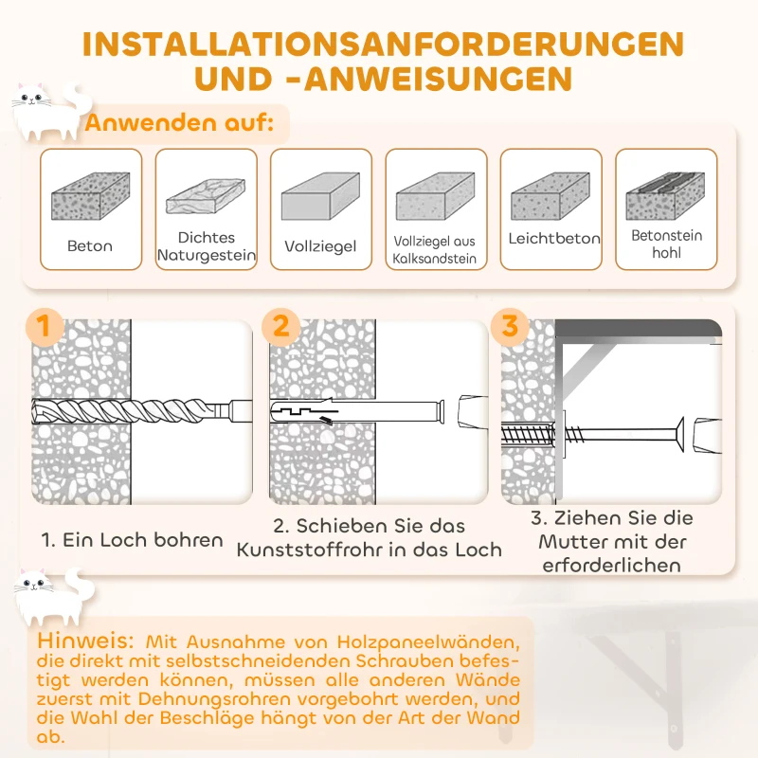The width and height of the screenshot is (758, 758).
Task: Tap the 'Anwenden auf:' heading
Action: click(x=180, y=122)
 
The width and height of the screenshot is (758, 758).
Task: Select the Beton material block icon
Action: click(x=90, y=196)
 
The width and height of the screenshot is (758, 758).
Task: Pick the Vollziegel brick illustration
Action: click(x=320, y=198)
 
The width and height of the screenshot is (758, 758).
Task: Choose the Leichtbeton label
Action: click(x=553, y=239)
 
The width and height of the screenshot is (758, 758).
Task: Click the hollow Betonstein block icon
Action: click(x=665, y=194)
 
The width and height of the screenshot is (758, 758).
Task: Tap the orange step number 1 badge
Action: click(x=43, y=327)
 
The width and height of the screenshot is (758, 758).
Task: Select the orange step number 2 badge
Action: click(x=280, y=327)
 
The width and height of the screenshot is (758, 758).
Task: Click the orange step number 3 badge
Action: click(x=511, y=327)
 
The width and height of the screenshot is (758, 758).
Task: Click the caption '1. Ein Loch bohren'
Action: click(x=132, y=540)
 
